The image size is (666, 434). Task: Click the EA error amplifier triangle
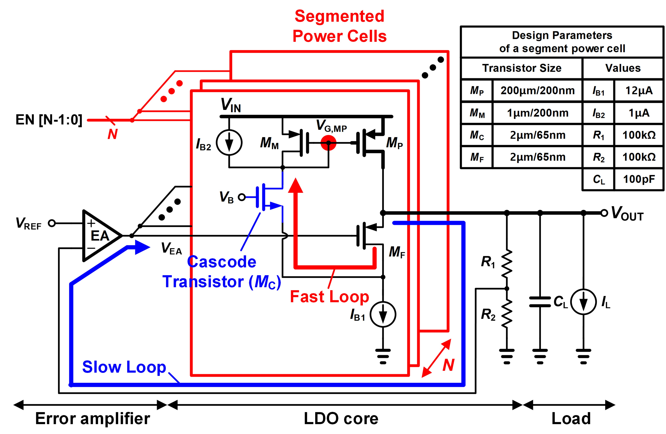99,236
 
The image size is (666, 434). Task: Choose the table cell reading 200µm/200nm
537,91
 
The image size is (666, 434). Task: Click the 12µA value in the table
639,91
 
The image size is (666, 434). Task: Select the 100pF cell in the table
639,179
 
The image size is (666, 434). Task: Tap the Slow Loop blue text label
124,367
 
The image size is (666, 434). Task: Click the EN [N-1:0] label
49,120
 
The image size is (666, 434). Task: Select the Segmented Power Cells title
339,26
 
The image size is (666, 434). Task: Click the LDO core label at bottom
341,418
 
